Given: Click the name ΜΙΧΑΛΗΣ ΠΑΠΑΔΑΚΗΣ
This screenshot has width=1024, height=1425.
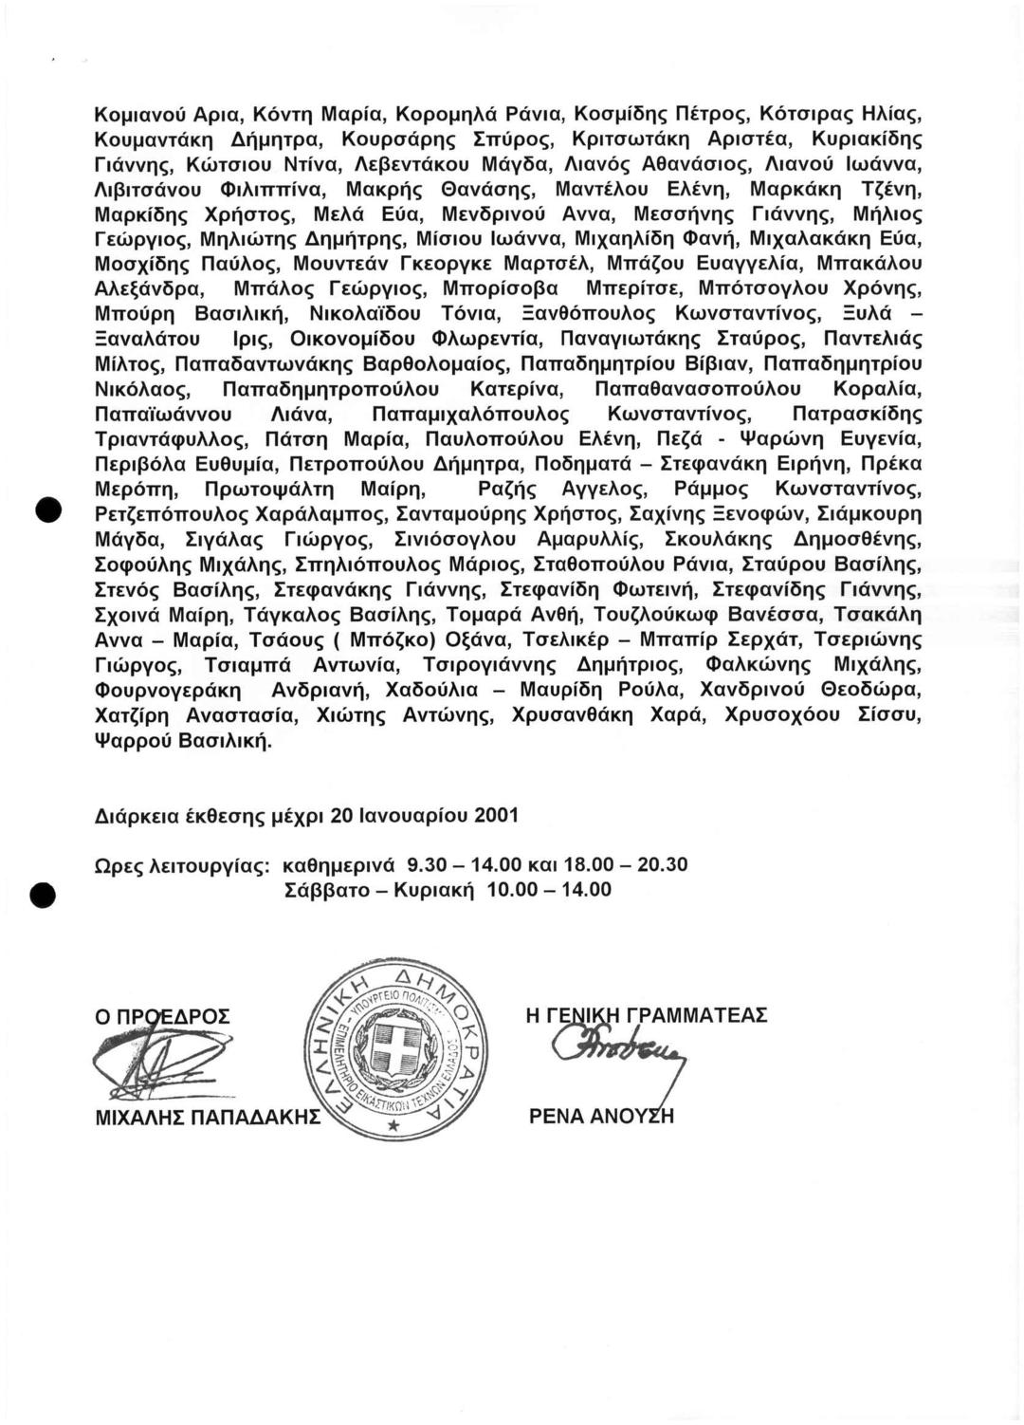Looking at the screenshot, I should click(x=209, y=1119).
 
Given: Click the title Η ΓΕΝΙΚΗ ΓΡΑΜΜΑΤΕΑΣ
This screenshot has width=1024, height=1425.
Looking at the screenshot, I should click(x=646, y=1015).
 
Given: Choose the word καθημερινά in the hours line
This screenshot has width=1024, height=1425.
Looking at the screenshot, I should click(x=338, y=865).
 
